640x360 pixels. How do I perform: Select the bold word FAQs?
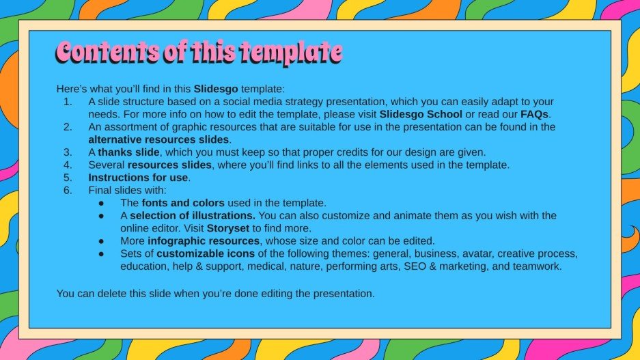(x=535, y=114)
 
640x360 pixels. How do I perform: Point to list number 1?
(x=67, y=102)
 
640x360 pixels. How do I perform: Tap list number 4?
(x=67, y=165)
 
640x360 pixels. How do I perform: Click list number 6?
(x=67, y=190)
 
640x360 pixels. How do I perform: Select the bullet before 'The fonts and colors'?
(x=101, y=203)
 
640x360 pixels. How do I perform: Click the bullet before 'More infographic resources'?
(x=101, y=240)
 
